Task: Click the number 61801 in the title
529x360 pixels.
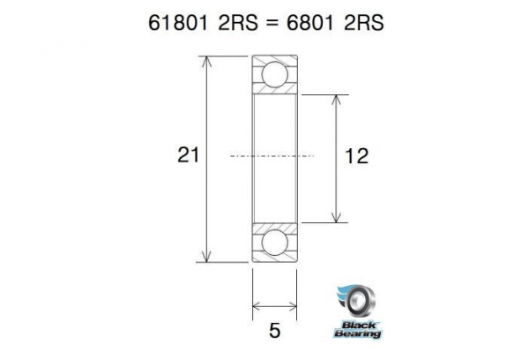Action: coord(180,21)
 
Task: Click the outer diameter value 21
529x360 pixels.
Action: coord(187,156)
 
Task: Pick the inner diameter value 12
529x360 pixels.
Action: coord(357,156)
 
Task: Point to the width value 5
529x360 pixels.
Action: coord(275,331)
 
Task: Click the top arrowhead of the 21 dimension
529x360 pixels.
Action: coord(208,61)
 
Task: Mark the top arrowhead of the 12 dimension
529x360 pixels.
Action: coord(336,96)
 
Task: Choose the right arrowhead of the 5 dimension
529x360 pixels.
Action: coord(293,307)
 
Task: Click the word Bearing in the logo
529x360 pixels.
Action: coord(358,334)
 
